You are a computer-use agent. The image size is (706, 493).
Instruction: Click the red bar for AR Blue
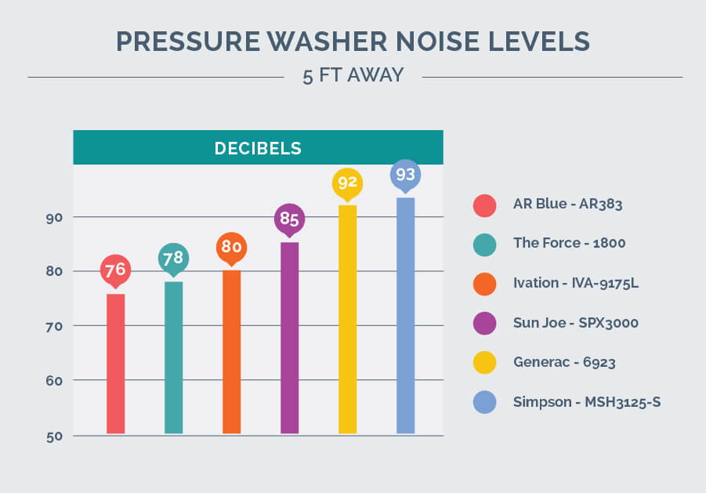point(115,364)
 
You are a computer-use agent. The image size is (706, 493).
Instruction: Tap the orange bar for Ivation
point(231,352)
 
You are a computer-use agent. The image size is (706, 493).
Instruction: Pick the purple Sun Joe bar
point(289,338)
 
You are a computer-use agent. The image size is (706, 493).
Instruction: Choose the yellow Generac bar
point(347,319)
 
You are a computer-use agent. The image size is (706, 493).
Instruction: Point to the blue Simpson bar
point(405,316)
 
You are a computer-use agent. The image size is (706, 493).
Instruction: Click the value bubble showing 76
point(115,270)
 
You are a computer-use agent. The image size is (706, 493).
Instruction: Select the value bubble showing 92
point(347,183)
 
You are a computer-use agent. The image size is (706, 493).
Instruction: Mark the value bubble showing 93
point(405,174)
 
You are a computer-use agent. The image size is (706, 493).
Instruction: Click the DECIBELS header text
point(258,148)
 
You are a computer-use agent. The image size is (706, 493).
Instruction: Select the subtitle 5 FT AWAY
point(353,76)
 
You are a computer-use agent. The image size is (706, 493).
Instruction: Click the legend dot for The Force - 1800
point(484,244)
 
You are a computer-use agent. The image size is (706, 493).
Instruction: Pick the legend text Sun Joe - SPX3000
point(570,322)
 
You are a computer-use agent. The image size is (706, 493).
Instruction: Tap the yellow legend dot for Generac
point(484,362)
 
